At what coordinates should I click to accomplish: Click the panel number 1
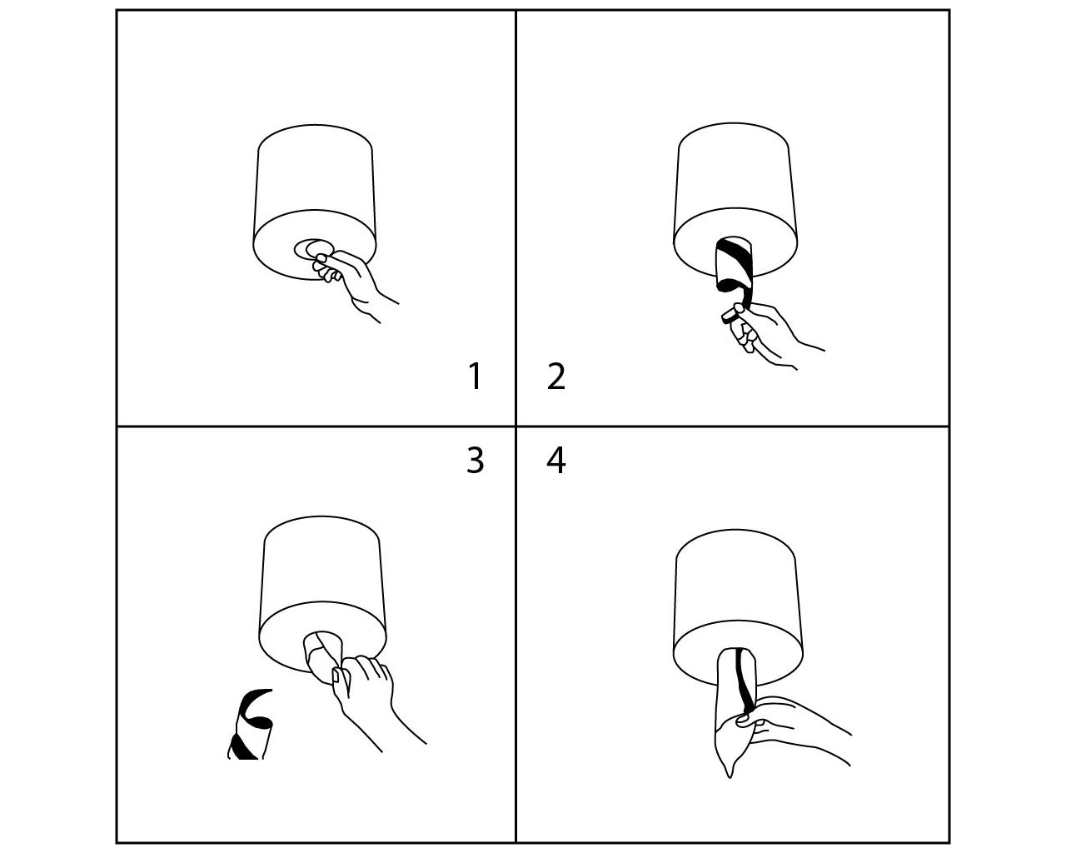point(475,377)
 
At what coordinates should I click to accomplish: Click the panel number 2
point(555,377)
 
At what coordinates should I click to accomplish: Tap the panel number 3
point(475,461)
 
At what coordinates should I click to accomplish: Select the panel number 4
point(555,461)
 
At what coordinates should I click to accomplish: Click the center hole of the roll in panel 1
point(314,248)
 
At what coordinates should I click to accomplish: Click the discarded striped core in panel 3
point(251,725)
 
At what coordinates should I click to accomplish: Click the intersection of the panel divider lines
point(516,426)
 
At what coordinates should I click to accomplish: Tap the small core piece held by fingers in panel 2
point(730,317)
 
